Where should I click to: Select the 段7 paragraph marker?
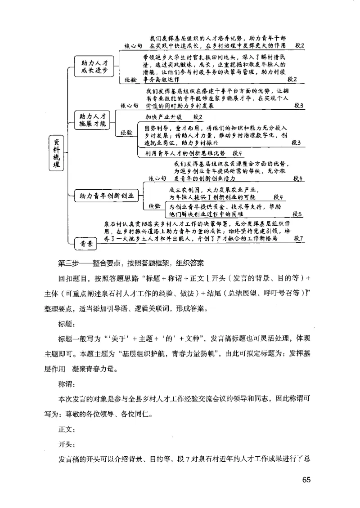[298, 238]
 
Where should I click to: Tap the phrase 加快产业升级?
[163, 117]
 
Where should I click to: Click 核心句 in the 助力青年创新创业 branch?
[157, 178]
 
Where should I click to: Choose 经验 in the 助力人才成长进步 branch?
[131, 80]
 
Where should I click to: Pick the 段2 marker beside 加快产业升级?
[198, 117]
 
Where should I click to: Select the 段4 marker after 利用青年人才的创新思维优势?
[236, 153]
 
